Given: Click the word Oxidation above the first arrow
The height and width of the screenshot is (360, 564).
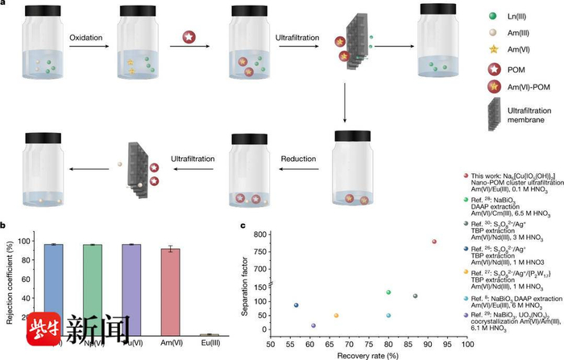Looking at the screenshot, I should [x=85, y=49].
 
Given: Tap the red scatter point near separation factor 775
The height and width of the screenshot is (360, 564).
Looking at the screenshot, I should [x=434, y=242].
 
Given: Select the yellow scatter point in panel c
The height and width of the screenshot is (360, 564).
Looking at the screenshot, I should [x=336, y=316].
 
